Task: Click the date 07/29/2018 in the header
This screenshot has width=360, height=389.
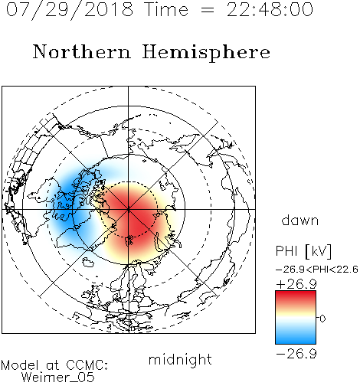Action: point(70,9)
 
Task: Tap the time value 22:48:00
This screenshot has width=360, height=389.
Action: point(270,9)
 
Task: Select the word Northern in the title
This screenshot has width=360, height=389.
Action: point(82,52)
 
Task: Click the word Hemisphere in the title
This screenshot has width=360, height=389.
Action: point(206,53)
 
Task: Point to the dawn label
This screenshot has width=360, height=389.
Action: point(300,220)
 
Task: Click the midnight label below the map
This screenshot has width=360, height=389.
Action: point(180,360)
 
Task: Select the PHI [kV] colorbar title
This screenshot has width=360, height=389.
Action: point(303,251)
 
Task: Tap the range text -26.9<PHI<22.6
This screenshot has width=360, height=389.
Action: point(317,270)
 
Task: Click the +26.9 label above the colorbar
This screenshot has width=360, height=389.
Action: point(296,284)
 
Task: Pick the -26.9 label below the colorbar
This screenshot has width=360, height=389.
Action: point(296,354)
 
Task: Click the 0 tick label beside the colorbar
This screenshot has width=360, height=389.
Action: point(322,319)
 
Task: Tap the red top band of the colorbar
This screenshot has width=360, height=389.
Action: point(296,296)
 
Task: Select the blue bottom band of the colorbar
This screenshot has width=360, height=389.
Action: point(296,338)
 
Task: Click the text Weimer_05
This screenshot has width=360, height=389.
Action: point(58,378)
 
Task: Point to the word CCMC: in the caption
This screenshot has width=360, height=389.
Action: point(87,365)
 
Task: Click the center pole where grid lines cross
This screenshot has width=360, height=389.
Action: point(128,209)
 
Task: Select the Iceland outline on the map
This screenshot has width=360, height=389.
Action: point(88,262)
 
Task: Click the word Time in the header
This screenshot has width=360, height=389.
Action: point(166,9)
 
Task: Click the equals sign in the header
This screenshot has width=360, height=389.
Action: point(208,10)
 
